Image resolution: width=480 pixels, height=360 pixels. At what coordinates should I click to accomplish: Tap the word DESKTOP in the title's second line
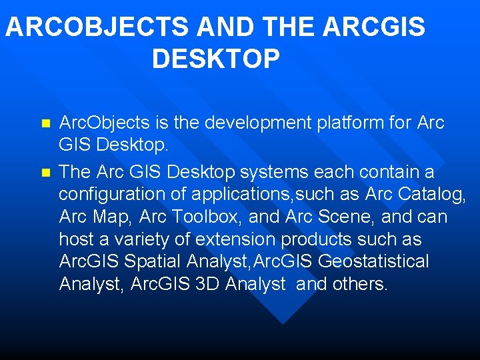coord(216,59)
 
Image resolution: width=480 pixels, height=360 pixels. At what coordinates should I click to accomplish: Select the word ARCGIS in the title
coord(373,27)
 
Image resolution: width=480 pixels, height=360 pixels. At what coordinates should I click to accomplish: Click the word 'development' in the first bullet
coord(258,123)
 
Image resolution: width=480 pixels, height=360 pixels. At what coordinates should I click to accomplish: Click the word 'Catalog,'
coord(432,195)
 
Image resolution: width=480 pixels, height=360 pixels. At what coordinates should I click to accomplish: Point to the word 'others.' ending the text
coord(359,284)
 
